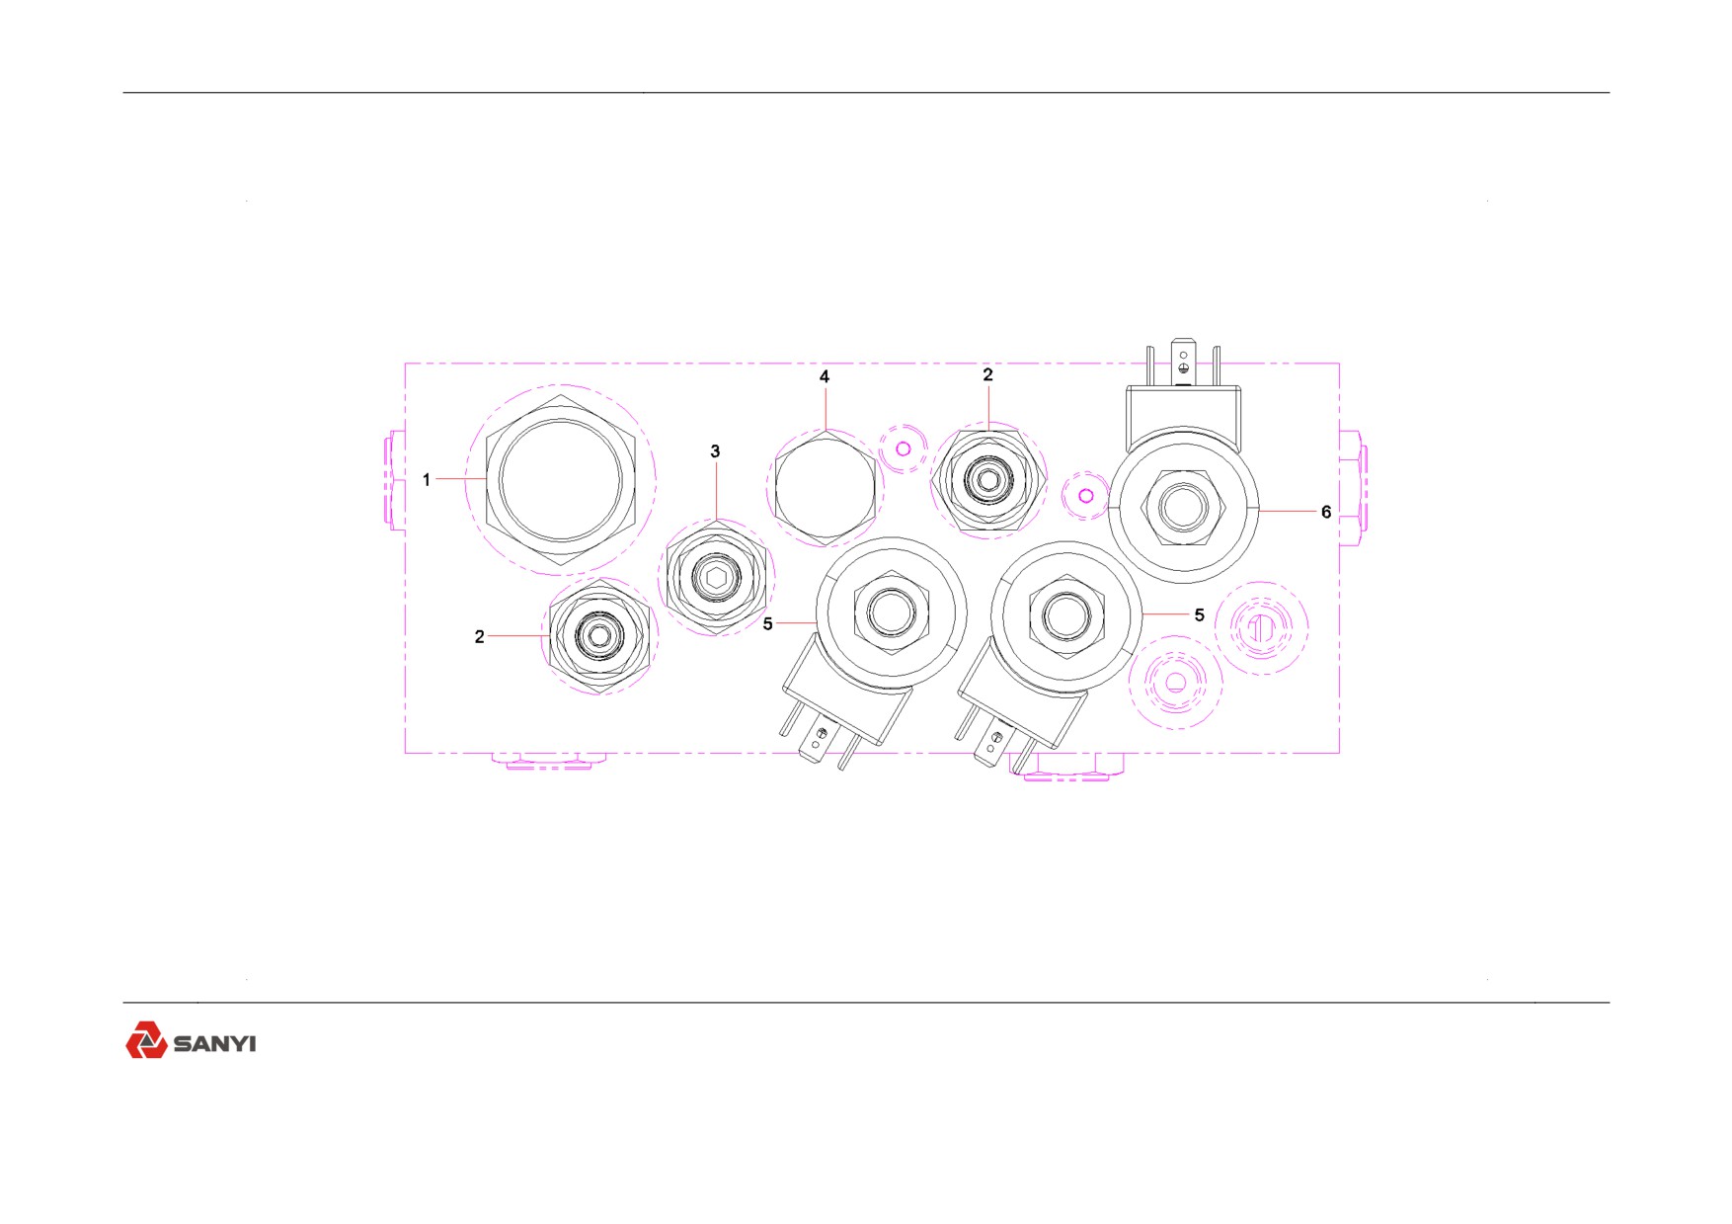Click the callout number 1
427,480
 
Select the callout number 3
716,451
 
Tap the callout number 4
825,376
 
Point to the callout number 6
1326,512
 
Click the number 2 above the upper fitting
987,374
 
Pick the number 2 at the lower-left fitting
480,637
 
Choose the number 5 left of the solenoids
768,624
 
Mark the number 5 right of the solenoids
1200,614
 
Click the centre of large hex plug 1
561,480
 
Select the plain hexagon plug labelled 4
825,488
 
